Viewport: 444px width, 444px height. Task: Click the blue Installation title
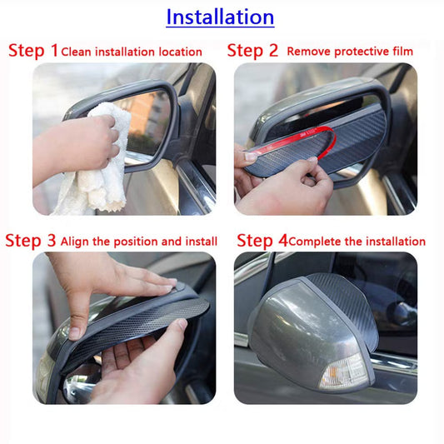(220, 17)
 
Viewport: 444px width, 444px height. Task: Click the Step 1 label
(33, 51)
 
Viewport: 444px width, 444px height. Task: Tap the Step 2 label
(252, 51)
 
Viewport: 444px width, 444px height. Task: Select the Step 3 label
(30, 241)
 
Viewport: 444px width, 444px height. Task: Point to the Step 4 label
(262, 241)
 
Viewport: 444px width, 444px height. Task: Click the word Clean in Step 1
(76, 52)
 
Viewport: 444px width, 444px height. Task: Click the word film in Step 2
(402, 52)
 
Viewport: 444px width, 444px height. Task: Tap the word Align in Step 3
(74, 242)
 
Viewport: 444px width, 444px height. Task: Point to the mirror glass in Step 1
(147, 122)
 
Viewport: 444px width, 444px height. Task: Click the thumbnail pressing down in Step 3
(74, 333)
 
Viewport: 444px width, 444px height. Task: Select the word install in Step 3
(202, 242)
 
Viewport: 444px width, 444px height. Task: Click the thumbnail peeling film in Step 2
(250, 156)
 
